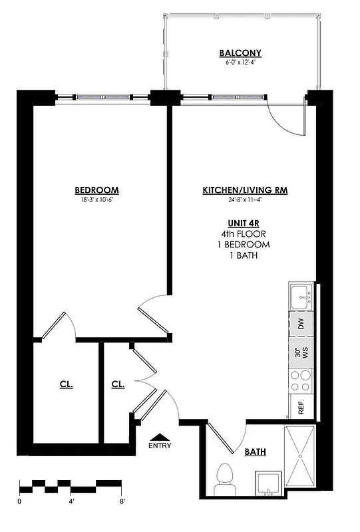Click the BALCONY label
coord(240,53)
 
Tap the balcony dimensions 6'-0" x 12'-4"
coord(240,64)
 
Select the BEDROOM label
coord(96,190)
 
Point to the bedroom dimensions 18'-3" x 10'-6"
coord(96,199)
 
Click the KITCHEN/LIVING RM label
coord(245,190)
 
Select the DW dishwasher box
coord(301,325)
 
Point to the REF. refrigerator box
coord(301,407)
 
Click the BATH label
coord(255,452)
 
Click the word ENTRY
coord(160,446)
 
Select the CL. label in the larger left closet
coord(66,384)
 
